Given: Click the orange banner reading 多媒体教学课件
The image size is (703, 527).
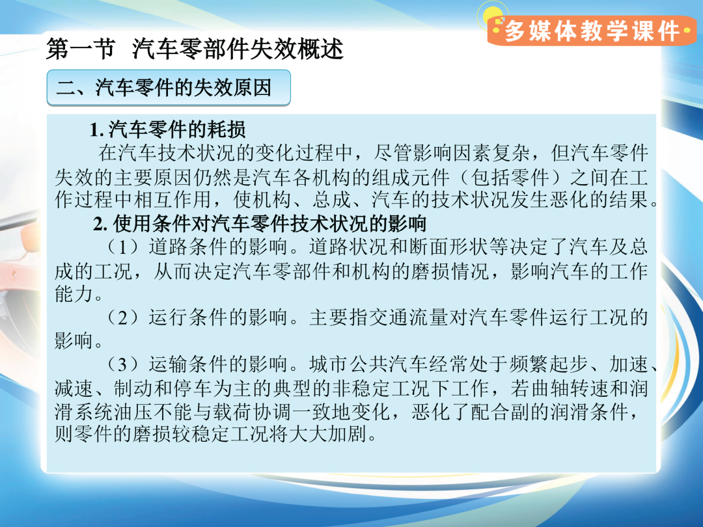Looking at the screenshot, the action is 591,31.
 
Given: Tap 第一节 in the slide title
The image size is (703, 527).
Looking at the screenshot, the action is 81,49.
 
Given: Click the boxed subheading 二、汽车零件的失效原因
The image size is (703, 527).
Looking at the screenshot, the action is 169,87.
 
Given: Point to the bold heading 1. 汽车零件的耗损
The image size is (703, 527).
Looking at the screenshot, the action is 167,129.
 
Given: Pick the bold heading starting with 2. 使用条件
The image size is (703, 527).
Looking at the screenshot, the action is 260,223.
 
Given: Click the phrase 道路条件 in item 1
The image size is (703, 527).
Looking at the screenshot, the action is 188,247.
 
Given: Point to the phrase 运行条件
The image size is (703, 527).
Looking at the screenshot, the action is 188,318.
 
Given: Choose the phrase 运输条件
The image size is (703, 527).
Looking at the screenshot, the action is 188,364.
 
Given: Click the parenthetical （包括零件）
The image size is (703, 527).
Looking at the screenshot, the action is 509,177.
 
